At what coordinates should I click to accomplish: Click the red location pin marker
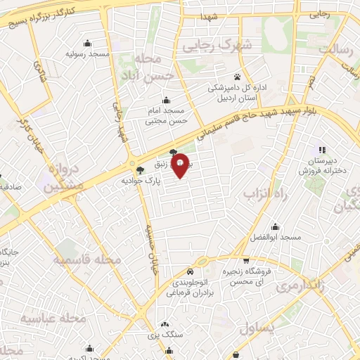pyautogui.click(x=181, y=165)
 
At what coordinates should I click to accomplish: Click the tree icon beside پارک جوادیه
pyautogui.click(x=140, y=170)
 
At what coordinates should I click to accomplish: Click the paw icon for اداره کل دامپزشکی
pyautogui.click(x=237, y=77)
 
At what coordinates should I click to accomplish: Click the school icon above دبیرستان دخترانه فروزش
pyautogui.click(x=322, y=149)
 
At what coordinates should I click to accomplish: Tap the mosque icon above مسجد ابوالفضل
pyautogui.click(x=275, y=226)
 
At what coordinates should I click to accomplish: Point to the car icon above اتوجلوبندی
pyautogui.click(x=191, y=271)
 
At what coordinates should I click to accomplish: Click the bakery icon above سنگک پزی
pyautogui.click(x=165, y=325)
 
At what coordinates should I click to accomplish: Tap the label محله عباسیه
pyautogui.click(x=53, y=319)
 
